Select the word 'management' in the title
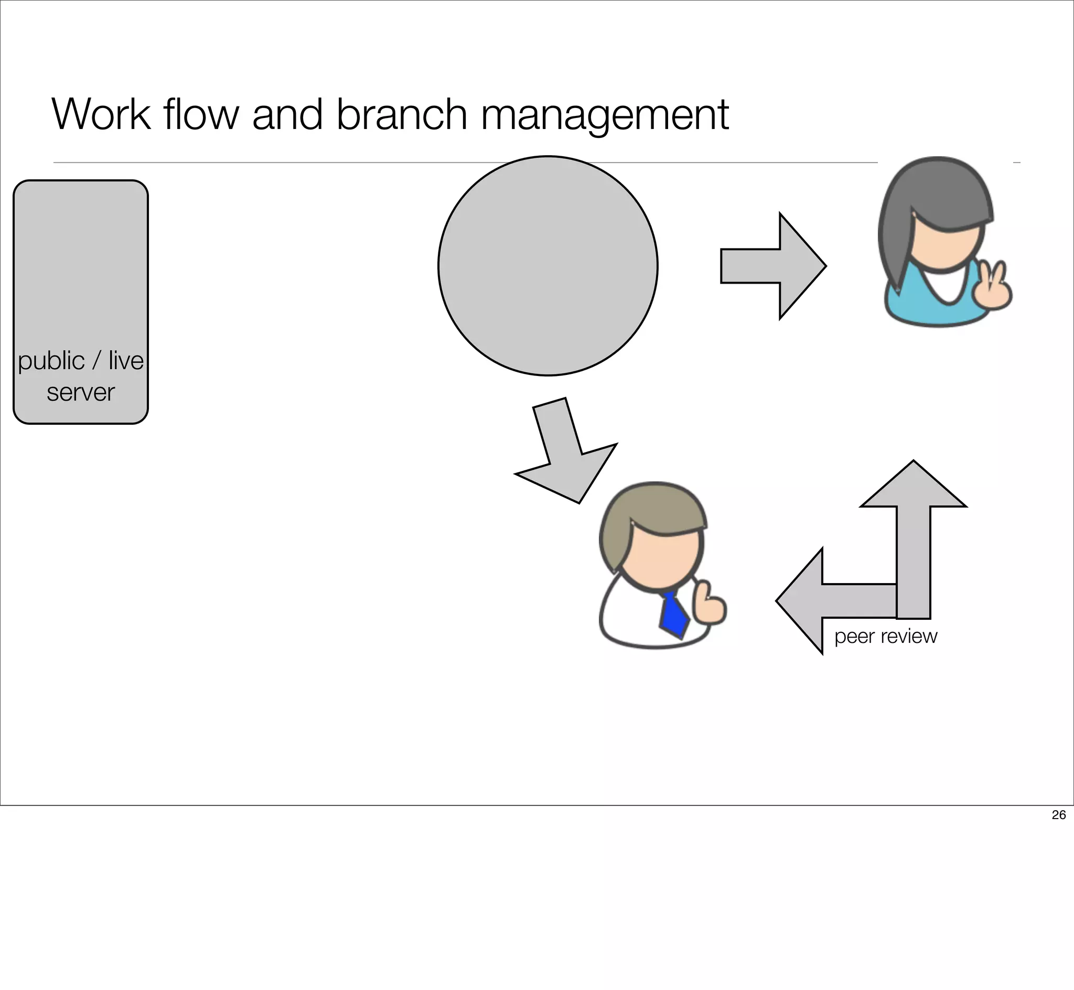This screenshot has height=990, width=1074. click(x=605, y=115)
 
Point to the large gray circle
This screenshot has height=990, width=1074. click(x=547, y=266)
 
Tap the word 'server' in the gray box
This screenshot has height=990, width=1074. click(x=80, y=393)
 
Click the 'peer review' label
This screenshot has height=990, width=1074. click(x=885, y=637)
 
